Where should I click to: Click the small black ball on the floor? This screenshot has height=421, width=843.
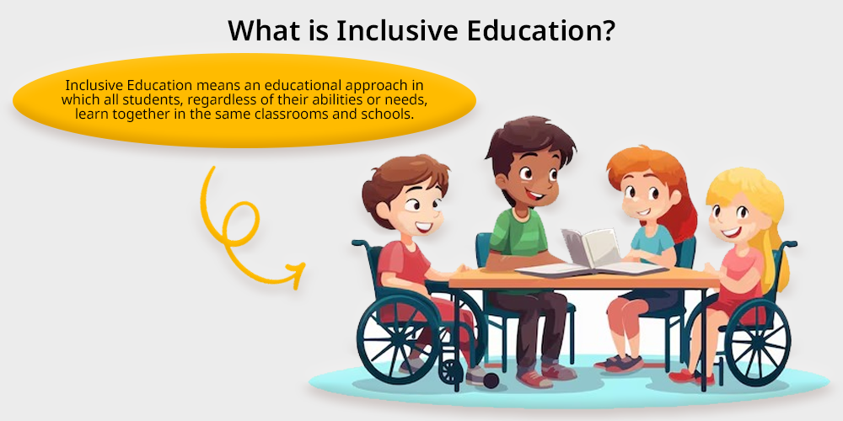point(491,381)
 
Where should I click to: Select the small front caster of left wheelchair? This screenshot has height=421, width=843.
point(451,370)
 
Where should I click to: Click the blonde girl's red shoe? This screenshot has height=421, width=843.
point(691,377)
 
